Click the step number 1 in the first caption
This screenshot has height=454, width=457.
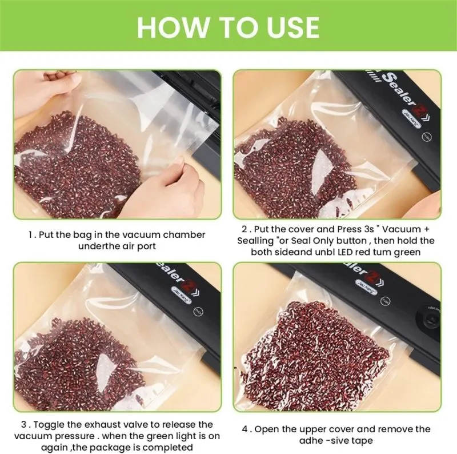31,234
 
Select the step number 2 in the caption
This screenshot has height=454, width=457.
244,229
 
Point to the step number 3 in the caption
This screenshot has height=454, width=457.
24,424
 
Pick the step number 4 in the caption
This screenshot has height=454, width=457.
245,429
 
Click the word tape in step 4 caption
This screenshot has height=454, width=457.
362,441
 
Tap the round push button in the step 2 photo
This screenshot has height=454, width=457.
427,136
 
